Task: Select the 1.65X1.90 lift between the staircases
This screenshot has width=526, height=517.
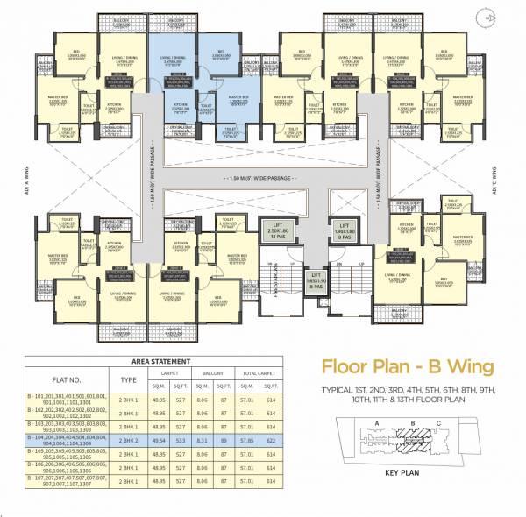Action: coord(315,280)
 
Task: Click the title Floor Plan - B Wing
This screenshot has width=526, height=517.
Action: coord(408,365)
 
